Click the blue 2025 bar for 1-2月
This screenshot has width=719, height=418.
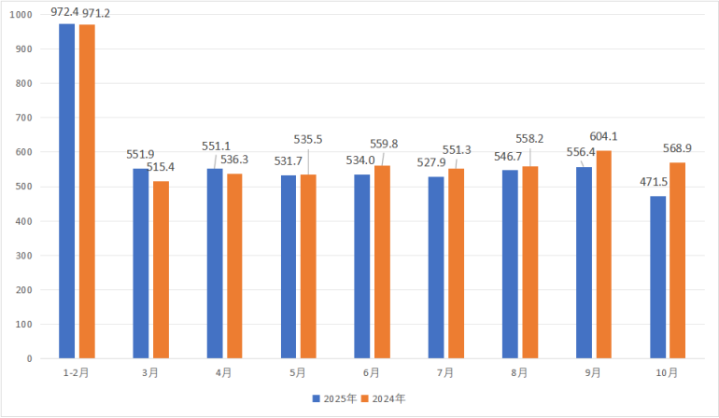coord(66,190)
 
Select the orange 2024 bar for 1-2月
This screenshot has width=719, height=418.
coord(87,191)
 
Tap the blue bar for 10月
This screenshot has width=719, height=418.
coord(658,277)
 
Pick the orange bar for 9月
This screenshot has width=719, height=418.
coord(604,254)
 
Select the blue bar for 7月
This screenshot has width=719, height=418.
coord(436,267)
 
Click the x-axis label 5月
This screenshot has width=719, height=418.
coord(297,372)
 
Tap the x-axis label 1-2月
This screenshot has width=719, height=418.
coord(77,372)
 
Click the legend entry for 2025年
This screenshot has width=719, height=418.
coord(334,398)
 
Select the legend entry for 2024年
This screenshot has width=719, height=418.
coord(384,398)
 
